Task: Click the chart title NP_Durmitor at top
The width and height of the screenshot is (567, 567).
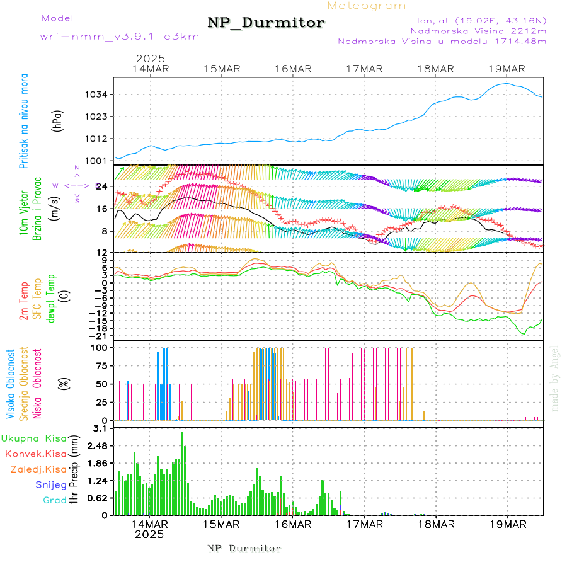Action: [266, 23]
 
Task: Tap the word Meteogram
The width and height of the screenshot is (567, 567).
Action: [367, 6]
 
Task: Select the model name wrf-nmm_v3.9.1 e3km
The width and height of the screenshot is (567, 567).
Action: [120, 37]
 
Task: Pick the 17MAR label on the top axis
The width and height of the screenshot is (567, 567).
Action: [365, 69]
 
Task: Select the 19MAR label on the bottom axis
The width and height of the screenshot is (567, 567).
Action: [508, 524]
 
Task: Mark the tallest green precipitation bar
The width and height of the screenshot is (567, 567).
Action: [182, 472]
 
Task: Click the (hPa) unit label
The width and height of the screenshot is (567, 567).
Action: [57, 120]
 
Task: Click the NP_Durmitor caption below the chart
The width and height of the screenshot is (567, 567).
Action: [244, 549]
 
